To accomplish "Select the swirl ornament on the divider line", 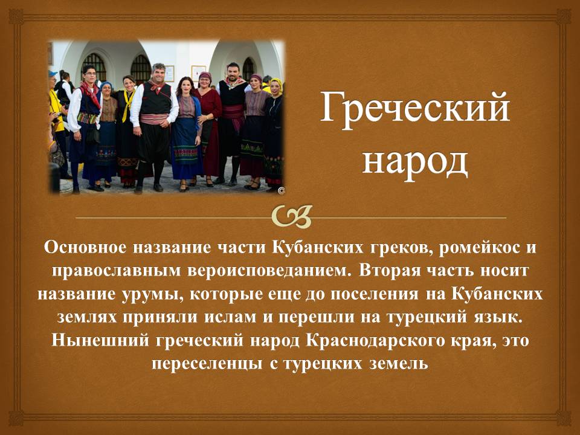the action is (291, 216).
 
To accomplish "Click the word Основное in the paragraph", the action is (85, 248).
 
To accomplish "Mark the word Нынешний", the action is (100, 341).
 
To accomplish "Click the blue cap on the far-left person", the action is (53, 73).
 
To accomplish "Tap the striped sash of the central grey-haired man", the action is (154, 119).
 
